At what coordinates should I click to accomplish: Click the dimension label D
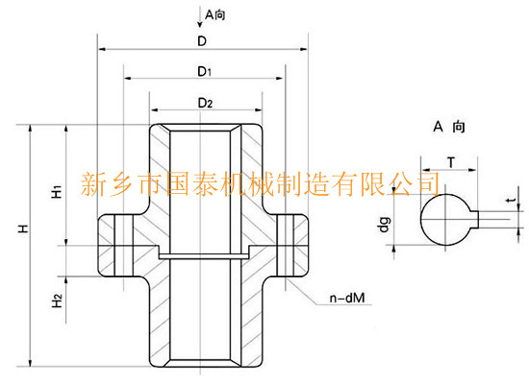(202, 41)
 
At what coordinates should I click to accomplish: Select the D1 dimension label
(205, 71)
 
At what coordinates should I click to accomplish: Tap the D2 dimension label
(205, 103)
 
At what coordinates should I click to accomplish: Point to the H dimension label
(23, 229)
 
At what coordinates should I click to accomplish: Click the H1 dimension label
(57, 191)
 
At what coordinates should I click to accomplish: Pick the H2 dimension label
(57, 301)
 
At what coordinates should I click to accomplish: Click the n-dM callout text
(347, 298)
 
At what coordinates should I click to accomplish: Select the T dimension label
(451, 162)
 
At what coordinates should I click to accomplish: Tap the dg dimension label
(385, 225)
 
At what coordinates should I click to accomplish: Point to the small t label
(512, 200)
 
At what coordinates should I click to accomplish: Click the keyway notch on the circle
(474, 219)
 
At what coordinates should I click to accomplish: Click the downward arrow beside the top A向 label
(200, 18)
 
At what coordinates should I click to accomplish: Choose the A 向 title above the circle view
(449, 127)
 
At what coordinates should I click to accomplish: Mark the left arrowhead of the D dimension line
(102, 49)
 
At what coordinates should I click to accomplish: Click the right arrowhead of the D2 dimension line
(258, 109)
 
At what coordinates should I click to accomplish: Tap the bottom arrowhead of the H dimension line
(31, 362)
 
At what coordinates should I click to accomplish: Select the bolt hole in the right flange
(286, 246)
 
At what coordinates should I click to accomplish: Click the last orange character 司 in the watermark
(428, 183)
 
